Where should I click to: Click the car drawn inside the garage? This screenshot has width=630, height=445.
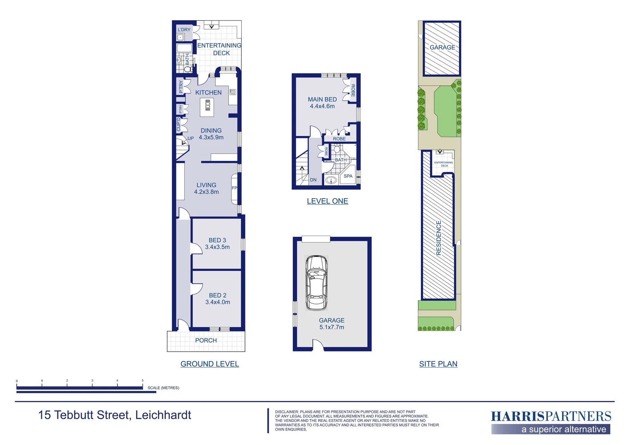tap(316, 283)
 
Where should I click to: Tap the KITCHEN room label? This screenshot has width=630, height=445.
tap(208, 93)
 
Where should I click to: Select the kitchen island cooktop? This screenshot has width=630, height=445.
tap(207, 108)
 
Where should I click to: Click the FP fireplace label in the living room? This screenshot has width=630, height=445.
tap(234, 188)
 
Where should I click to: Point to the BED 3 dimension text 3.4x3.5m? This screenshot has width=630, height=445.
tap(217, 247)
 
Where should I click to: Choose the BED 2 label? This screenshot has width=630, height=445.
tap(217, 295)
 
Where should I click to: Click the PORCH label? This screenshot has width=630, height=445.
tap(206, 340)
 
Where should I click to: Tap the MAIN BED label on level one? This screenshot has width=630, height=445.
tap(322, 99)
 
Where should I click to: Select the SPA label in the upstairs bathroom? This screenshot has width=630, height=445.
tap(348, 176)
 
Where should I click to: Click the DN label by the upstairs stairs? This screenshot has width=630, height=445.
tap(313, 180)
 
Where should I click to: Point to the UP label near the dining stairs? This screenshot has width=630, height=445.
tap(190, 138)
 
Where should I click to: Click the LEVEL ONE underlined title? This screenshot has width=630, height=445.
tap(327, 201)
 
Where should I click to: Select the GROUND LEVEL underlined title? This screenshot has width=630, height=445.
tap(209, 364)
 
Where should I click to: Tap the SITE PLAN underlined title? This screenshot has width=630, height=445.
tap(438, 364)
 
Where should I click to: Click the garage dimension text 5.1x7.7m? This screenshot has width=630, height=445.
tap(331, 327)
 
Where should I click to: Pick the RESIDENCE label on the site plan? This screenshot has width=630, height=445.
tap(439, 238)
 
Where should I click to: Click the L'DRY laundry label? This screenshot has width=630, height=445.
tap(184, 30)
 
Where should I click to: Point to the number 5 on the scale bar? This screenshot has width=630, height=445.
tap(143, 381)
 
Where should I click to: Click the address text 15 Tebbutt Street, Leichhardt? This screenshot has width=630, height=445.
tap(115, 415)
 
